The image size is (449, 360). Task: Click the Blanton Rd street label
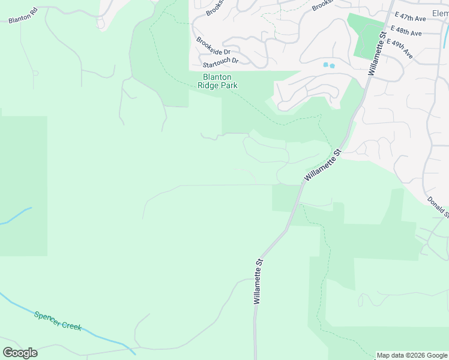tap(23, 15)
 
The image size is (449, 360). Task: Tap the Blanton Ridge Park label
tap(217, 81)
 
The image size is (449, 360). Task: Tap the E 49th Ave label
tap(400, 48)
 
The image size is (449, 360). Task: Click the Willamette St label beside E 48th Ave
tap(376, 53)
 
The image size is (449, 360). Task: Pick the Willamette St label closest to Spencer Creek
tap(258, 281)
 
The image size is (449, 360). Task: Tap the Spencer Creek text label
tap(58, 321)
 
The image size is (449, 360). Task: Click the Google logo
tap(20, 353)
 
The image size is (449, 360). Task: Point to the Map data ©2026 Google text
tap(412, 355)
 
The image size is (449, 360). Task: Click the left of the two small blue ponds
tap(325, 64)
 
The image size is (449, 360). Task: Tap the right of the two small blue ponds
tap(332, 65)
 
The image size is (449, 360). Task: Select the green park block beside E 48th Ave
tap(367, 35)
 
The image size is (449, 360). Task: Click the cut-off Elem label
tap(440, 13)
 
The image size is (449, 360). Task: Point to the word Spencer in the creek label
tap(48, 317)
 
